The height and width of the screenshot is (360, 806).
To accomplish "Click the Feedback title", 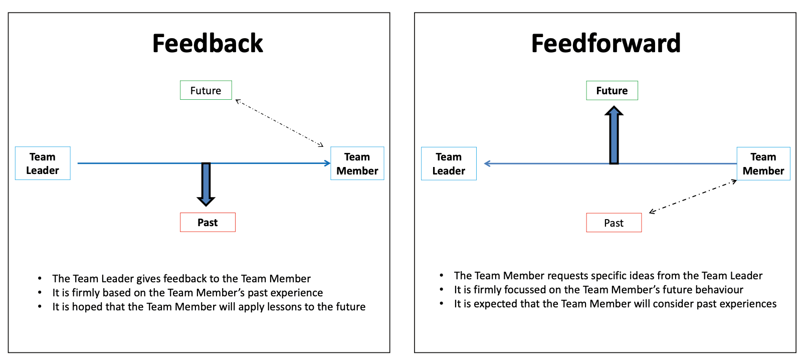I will coord(208,44).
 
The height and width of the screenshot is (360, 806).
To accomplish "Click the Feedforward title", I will coord(606,44).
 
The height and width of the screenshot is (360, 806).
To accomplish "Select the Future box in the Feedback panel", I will coord(206,90).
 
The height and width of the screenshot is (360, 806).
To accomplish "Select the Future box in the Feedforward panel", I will coord(612,91).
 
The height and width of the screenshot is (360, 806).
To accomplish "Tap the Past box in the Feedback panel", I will coord(208,223).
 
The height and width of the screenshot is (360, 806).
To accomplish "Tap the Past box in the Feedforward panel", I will coord(614,223).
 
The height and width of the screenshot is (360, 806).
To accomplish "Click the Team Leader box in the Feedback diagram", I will coord(43,163).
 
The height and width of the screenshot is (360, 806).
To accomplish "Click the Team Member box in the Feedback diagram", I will coord(357,163).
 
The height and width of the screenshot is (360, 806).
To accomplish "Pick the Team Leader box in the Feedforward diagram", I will coord(449,164).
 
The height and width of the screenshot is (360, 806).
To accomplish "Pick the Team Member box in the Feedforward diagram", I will coord(763,164).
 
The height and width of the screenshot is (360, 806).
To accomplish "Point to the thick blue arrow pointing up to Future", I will coord(614,135).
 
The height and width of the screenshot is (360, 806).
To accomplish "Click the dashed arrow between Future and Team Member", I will coord(279,123).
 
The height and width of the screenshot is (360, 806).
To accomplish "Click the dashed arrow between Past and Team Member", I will coord(693,196).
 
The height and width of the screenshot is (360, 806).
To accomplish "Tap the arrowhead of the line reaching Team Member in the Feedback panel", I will coord(327,163).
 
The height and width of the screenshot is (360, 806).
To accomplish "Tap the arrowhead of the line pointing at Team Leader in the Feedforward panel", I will coord(487,163).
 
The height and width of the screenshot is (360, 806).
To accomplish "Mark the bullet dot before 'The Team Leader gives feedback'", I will coord(40,279).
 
